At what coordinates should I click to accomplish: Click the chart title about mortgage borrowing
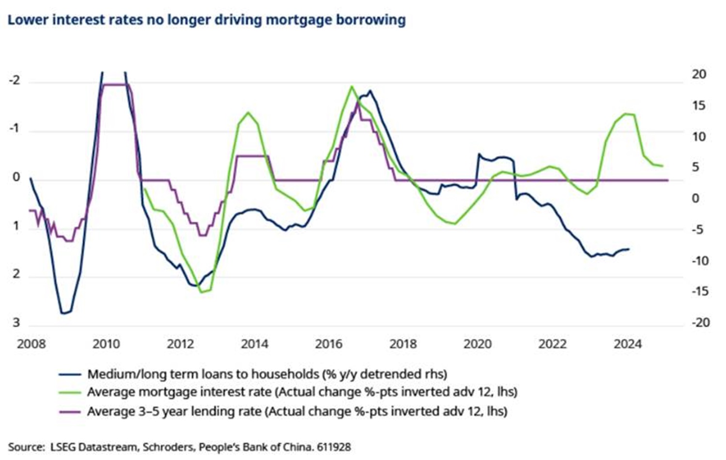pyautogui.click(x=206, y=20)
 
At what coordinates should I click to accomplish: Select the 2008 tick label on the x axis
pyautogui.click(x=31, y=344)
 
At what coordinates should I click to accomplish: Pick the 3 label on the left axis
pyautogui.click(x=16, y=322)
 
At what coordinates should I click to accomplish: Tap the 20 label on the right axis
pyautogui.click(x=699, y=74)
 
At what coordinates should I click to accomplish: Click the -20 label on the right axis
pyautogui.click(x=700, y=322)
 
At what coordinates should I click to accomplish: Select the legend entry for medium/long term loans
pyautogui.click(x=267, y=374)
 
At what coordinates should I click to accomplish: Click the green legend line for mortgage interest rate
pyautogui.click(x=69, y=392)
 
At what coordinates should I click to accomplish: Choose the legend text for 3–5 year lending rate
pyautogui.click(x=297, y=412)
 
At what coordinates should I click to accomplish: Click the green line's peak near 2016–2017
pyautogui.click(x=352, y=87)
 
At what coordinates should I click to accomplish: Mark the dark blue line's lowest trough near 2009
pyautogui.click(x=63, y=313)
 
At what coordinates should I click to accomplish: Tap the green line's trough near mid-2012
pyautogui.click(x=201, y=292)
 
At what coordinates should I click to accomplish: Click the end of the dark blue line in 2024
pyautogui.click(x=628, y=249)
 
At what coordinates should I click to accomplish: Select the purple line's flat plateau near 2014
pyautogui.click(x=252, y=156)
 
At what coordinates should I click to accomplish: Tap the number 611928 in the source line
pyautogui.click(x=334, y=447)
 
